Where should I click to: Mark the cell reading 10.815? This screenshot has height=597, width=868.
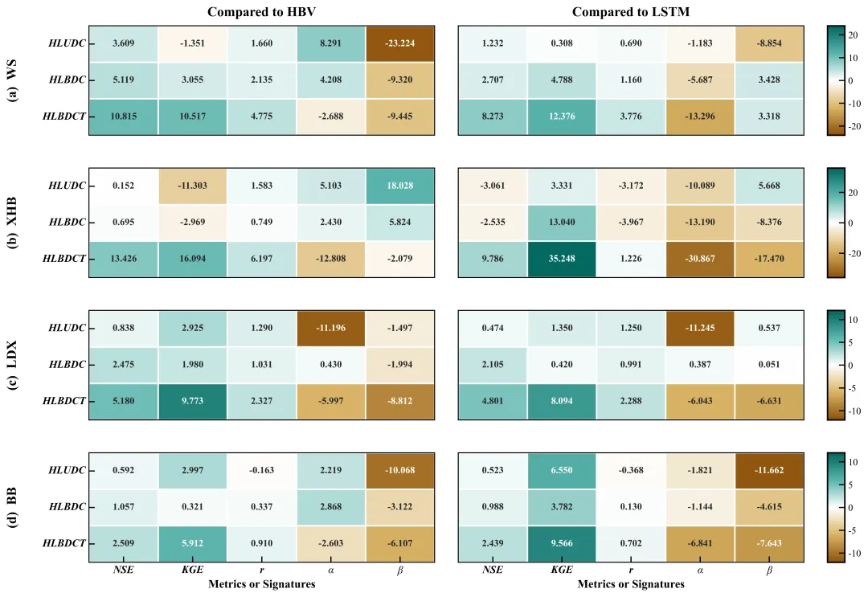click(x=123, y=117)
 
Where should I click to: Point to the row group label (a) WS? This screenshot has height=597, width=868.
click(x=13, y=80)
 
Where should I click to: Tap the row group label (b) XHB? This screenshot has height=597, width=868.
click(x=13, y=223)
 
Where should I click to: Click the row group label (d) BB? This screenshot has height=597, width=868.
click(x=13, y=507)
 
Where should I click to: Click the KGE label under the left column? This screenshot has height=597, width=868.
click(x=192, y=570)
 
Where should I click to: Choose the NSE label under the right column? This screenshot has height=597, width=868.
click(x=493, y=570)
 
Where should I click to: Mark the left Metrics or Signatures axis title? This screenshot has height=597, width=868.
click(x=261, y=585)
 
